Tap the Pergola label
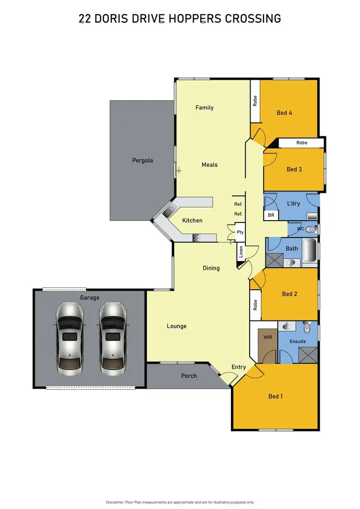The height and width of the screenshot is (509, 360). click(143, 160)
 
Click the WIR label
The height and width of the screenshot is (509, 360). click(268, 337)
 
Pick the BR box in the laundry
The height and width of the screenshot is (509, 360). click(271, 215)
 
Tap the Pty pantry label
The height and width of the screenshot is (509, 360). click(240, 232)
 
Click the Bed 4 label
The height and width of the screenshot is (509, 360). click(284, 113)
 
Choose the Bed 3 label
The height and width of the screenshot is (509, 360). click(294, 169)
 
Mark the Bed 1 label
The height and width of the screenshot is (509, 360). click(276, 396)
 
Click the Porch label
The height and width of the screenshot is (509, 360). click(189, 376)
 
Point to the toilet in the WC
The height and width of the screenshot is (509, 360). click(312, 229)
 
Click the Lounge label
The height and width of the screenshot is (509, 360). click(177, 326)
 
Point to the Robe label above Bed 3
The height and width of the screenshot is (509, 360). click(301, 142)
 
